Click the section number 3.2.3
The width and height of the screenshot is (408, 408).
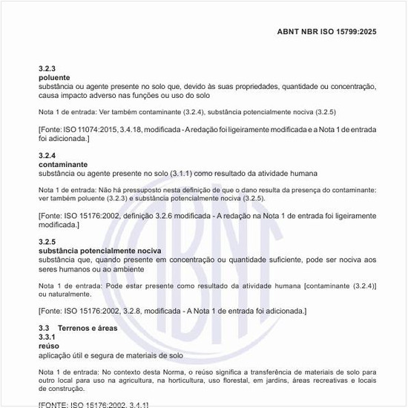pyautogui.click(x=47, y=68)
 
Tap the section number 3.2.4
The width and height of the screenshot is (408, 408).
pyautogui.click(x=47, y=156)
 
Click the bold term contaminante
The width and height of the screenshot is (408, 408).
pyautogui.click(x=63, y=164)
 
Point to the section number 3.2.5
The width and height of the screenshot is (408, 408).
pyautogui.click(x=47, y=243)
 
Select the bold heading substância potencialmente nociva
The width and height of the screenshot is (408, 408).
pyautogui.click(x=99, y=251)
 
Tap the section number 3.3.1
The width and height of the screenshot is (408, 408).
pyautogui.click(x=47, y=337)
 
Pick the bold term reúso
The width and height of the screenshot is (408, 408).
pyautogui.click(x=48, y=346)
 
